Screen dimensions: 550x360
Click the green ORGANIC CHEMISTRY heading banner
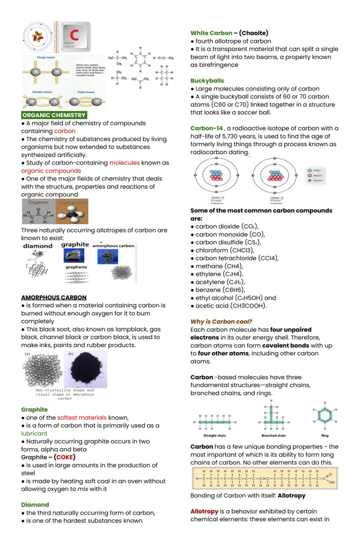coord(54,115)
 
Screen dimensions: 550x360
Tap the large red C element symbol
coord(74,35)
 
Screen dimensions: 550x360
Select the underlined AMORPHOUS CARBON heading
coord(54,298)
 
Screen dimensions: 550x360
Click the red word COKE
coord(65,457)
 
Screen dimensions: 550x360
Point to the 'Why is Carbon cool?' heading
coord(221,321)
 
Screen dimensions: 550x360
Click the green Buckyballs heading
coord(207,81)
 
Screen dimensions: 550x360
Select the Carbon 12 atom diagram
coord(216,175)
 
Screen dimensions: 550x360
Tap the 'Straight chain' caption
coord(215,435)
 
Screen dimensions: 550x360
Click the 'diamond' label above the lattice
coord(38,246)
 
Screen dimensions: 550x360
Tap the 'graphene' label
coord(76,267)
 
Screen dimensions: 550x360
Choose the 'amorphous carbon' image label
coord(113,246)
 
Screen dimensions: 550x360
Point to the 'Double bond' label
coord(42,92)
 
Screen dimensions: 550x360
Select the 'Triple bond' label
coord(85,92)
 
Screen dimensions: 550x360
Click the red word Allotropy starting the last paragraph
coord(204,511)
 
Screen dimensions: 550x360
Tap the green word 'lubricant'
coord(34,434)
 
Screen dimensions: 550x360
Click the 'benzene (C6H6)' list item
coord(220,290)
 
